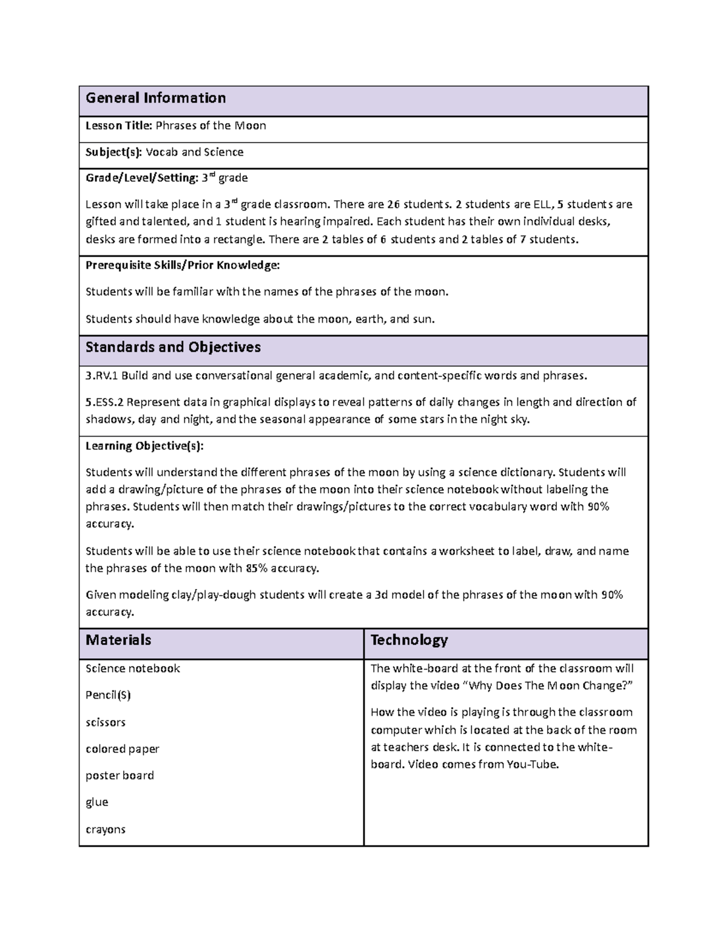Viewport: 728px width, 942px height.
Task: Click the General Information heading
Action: click(x=155, y=98)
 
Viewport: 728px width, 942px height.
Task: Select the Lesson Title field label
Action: click(x=118, y=126)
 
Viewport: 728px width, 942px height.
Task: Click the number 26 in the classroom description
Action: click(x=394, y=204)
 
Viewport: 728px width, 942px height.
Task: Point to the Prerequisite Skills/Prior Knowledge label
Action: click(x=183, y=265)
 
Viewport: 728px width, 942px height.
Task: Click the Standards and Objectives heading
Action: click(x=173, y=348)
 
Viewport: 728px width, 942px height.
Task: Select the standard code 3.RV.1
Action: click(x=102, y=375)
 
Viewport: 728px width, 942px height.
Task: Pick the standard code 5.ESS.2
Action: click(x=104, y=402)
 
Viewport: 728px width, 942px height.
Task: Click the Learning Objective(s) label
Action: click(x=144, y=446)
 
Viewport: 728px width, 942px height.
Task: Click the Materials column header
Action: click(x=118, y=641)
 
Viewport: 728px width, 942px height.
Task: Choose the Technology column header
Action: click(x=409, y=641)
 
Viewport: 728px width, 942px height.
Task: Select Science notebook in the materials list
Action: click(x=133, y=668)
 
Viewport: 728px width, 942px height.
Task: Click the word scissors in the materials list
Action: click(x=106, y=722)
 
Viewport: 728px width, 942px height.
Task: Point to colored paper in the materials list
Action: click(x=122, y=749)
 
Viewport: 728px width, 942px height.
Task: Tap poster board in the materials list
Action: click(x=120, y=776)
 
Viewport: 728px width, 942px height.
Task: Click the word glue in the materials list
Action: click(x=96, y=802)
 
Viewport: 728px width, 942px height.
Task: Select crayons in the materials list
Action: click(x=106, y=829)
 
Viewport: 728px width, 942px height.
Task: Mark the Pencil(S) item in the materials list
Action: click(x=108, y=695)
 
